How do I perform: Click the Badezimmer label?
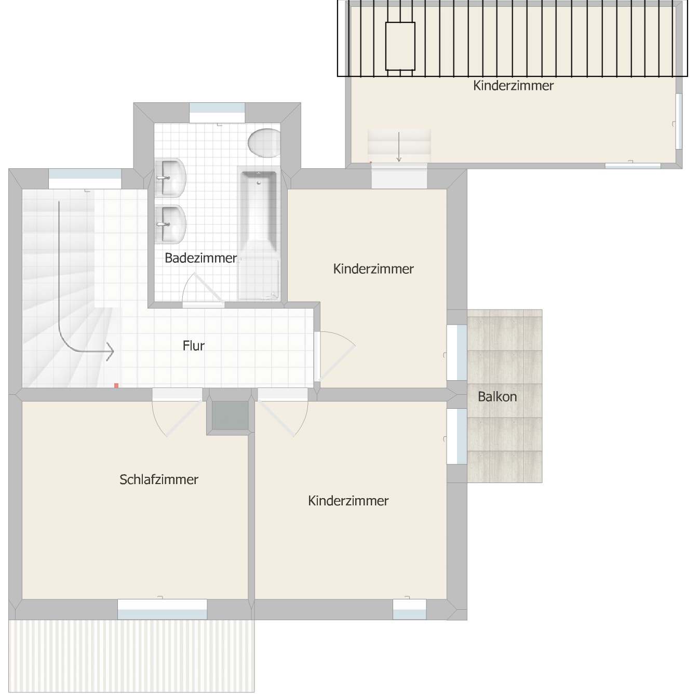point(200,258)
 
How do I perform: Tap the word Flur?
point(194,346)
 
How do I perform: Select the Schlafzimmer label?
point(159,479)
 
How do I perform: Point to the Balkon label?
point(497,397)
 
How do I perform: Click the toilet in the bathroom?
point(264,143)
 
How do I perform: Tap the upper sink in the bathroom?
point(170,178)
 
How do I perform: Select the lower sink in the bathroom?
point(170,224)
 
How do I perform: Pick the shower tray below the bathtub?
point(258,278)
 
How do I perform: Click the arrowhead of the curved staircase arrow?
point(110,351)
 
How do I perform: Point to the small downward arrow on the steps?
point(399,147)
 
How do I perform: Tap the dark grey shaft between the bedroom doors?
point(230,416)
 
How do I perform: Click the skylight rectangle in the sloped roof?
point(400,46)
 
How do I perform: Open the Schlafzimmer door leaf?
point(184,418)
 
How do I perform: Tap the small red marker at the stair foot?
point(116,385)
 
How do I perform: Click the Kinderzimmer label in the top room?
point(513,86)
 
